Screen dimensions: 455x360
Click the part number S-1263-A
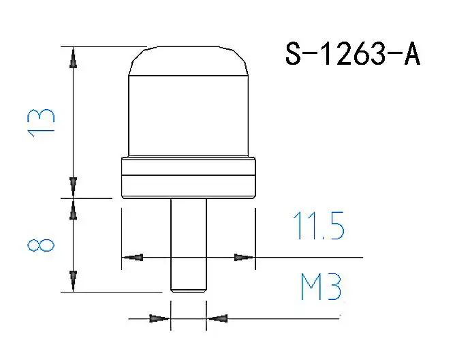pyautogui.click(x=353, y=54)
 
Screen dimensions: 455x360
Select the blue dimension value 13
pyautogui.click(x=41, y=123)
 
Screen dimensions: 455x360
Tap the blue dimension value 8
pyautogui.click(x=41, y=245)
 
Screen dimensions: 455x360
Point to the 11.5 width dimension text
pyautogui.click(x=319, y=226)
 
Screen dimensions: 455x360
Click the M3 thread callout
pyautogui.click(x=321, y=287)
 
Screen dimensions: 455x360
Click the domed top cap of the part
pyautogui.click(x=189, y=61)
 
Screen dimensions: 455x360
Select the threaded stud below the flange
pyautogui.click(x=189, y=245)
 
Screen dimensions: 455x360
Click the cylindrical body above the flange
pyautogui.click(x=189, y=116)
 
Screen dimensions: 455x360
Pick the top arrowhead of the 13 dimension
pyautogui.click(x=74, y=57)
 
